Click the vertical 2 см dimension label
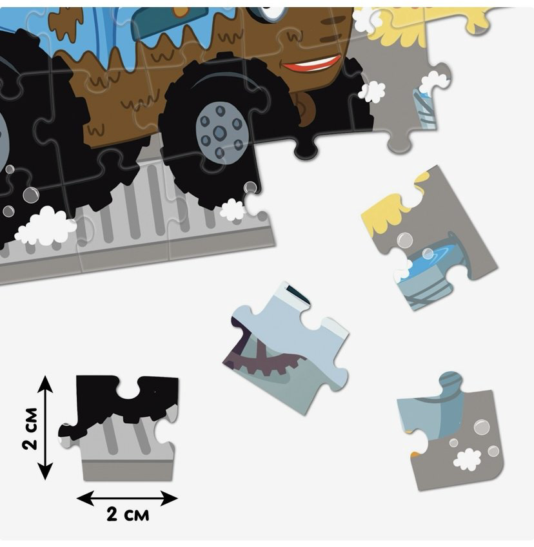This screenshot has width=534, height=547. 30,428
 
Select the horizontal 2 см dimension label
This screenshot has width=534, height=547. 128,514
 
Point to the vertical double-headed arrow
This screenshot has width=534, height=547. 45,428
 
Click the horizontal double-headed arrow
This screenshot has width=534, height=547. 127,498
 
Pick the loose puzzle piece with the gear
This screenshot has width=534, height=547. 286,349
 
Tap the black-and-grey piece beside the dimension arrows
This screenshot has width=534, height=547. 119,428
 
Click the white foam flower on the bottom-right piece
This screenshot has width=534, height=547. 466,459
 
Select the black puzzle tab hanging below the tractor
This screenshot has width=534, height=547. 306,148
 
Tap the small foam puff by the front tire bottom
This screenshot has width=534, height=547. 232,209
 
